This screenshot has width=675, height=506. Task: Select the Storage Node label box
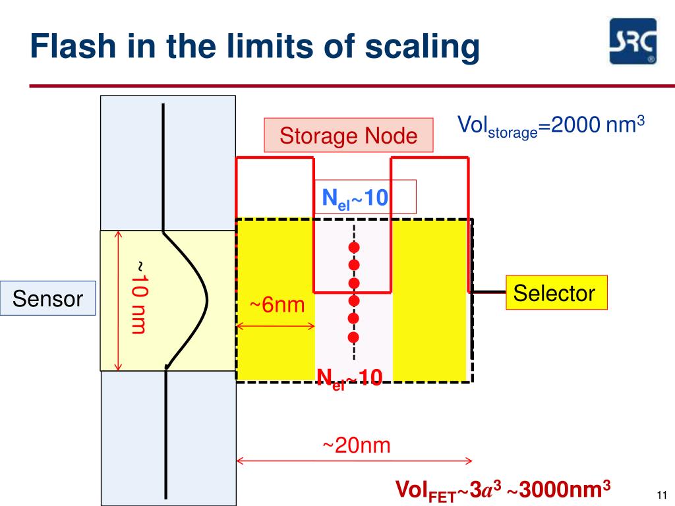[349, 136]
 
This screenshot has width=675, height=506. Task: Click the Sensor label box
[48, 299]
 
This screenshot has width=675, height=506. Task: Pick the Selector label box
[554, 293]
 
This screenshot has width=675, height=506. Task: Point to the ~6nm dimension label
[277, 306]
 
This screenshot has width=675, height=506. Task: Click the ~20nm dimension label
[356, 446]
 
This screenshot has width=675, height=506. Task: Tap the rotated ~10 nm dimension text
[137, 296]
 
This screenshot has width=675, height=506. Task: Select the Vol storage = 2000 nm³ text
[550, 126]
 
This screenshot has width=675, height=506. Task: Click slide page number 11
[662, 495]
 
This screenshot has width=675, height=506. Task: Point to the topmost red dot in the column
[354, 248]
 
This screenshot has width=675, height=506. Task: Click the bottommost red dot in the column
[353, 337]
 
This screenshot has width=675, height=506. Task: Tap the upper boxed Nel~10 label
[355, 196]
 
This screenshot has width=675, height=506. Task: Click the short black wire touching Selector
[488, 291]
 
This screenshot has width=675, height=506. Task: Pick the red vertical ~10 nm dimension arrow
[119, 300]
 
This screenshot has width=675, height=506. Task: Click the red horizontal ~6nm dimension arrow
[276, 325]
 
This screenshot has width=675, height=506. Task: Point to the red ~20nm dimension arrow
[355, 461]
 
